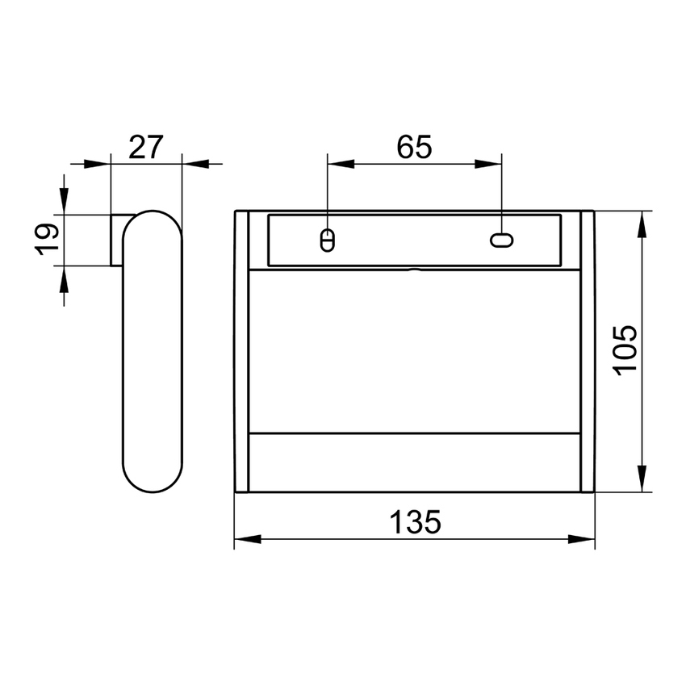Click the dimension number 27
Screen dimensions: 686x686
[x=146, y=148]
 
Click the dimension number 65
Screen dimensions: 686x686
[x=415, y=148]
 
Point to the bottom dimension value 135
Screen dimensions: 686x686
[x=416, y=522]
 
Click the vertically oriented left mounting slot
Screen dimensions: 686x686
[x=327, y=241]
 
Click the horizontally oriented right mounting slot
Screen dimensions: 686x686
[x=502, y=240]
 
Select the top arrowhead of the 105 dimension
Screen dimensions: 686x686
[x=642, y=224]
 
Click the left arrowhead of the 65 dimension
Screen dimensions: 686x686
[x=340, y=164]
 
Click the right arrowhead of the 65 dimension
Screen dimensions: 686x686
[x=489, y=164]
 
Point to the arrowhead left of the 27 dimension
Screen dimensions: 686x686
[x=97, y=164]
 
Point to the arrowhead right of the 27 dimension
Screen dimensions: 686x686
[x=195, y=164]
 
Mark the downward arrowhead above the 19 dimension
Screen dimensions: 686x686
[x=64, y=201]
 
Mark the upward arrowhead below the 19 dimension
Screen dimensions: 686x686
[x=64, y=279]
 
